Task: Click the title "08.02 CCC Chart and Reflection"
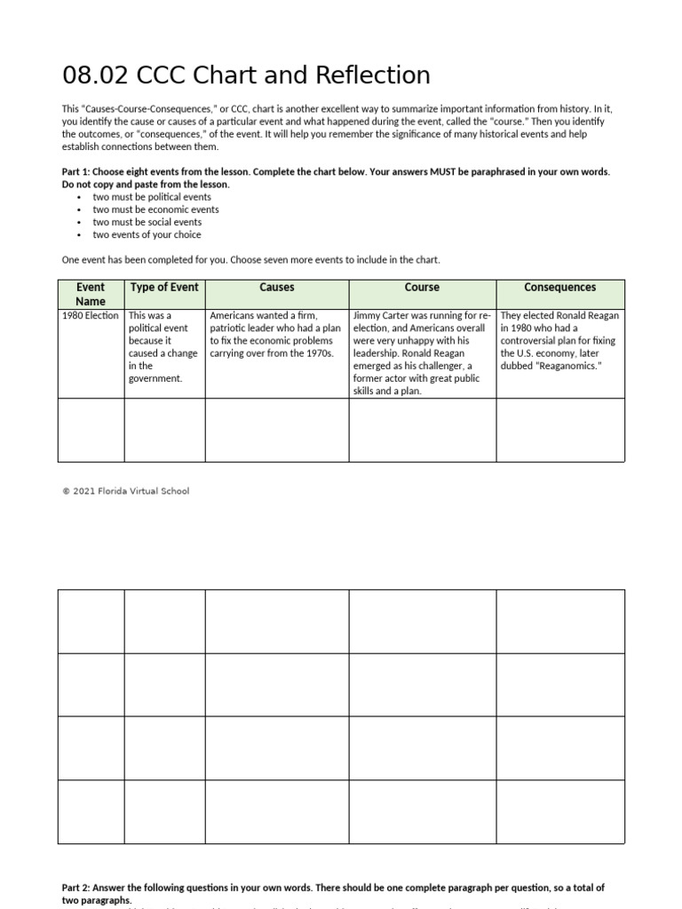(246, 75)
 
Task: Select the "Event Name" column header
(91, 294)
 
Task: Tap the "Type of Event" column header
(164, 288)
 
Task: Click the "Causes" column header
(277, 288)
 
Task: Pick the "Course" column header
(422, 288)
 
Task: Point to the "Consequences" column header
(559, 288)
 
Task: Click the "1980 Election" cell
(91, 316)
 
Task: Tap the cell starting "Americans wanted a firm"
(275, 334)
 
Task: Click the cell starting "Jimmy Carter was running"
(422, 352)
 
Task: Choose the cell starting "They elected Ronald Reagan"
(559, 340)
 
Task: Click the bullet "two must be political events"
(152, 197)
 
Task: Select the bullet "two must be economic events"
(155, 209)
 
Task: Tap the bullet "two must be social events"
(147, 222)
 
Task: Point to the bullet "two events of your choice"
(147, 234)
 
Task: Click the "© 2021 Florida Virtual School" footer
(125, 491)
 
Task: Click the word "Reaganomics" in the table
(570, 366)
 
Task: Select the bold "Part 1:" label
(77, 172)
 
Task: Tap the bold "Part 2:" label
(77, 888)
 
